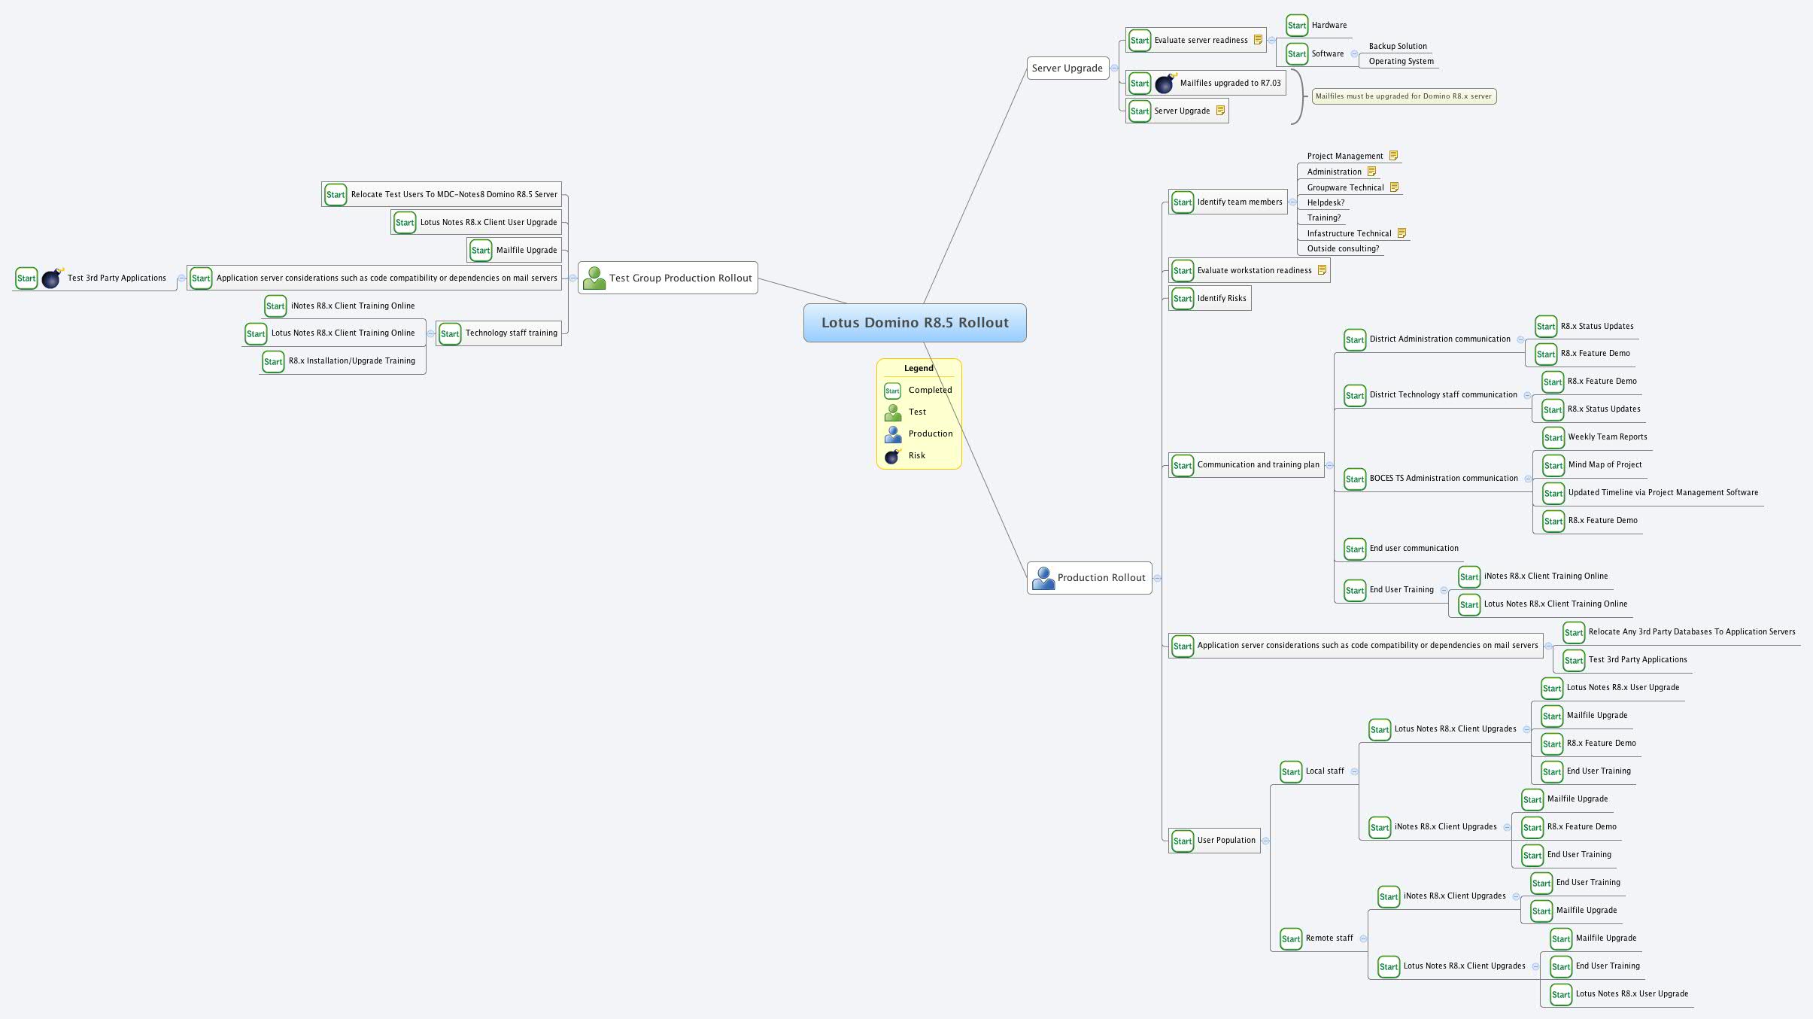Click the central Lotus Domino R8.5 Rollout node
914,323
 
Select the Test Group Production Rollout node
668,278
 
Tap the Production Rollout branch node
1089,578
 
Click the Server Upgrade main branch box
1067,68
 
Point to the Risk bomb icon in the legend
893,456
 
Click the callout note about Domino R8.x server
1403,96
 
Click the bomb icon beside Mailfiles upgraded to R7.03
1165,84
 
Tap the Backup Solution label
1397,47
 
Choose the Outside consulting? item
1343,249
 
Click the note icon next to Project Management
1393,156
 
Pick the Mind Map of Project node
1605,465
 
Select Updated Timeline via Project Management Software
1663,493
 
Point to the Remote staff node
1329,938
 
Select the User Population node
1225,841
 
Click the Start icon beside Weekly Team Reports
1553,438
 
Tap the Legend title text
919,368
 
